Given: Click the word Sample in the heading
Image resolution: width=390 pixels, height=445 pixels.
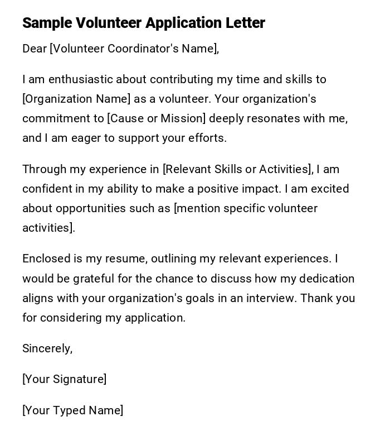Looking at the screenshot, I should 46,23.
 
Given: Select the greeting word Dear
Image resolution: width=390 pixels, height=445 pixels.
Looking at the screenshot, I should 35,49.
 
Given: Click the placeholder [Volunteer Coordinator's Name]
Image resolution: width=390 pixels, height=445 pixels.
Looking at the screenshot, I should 134,49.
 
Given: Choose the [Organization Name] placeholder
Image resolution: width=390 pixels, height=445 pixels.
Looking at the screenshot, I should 76,99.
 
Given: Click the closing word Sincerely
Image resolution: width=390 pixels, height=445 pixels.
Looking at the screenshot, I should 47,348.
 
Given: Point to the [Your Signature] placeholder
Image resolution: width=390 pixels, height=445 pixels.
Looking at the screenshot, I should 64,379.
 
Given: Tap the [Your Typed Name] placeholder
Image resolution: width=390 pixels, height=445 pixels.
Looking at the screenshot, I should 72,410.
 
